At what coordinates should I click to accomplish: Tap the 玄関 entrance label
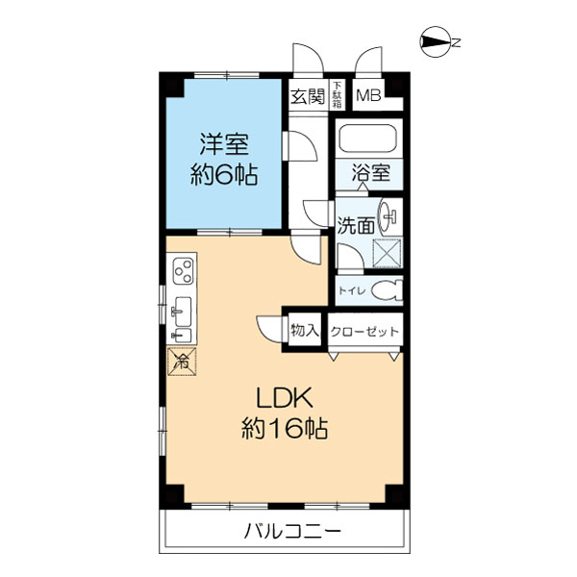(307, 95)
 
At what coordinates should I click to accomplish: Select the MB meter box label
(367, 95)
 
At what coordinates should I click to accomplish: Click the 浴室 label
(369, 175)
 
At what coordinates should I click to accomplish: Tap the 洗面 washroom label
(355, 227)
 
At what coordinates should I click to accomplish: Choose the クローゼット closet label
(364, 331)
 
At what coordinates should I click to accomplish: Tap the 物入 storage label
(304, 330)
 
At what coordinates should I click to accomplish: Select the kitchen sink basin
(181, 311)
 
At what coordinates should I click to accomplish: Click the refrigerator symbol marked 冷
(181, 362)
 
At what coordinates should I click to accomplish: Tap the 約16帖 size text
(284, 428)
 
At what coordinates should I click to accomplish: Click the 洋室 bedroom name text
(224, 145)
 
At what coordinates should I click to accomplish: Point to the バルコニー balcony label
(286, 532)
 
